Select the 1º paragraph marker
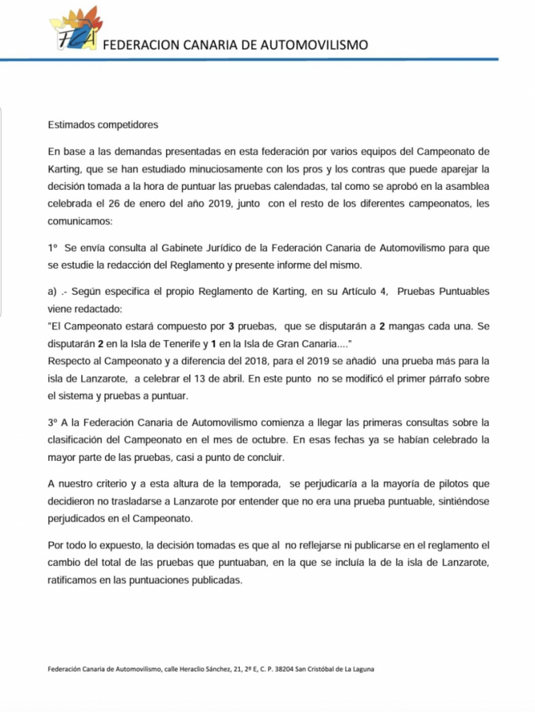click(53, 249)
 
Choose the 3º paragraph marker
click(53, 423)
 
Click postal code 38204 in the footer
click(282, 670)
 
